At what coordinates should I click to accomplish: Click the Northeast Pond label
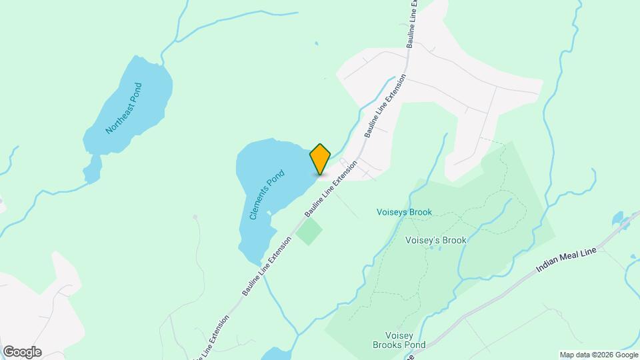pos(124,108)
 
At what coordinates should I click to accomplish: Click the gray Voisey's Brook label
pos(435,240)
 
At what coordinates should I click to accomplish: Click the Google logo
pos(22,352)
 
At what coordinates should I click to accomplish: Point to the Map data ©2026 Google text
pos(598,355)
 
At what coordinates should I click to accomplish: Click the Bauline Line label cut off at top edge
pos(413,23)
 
